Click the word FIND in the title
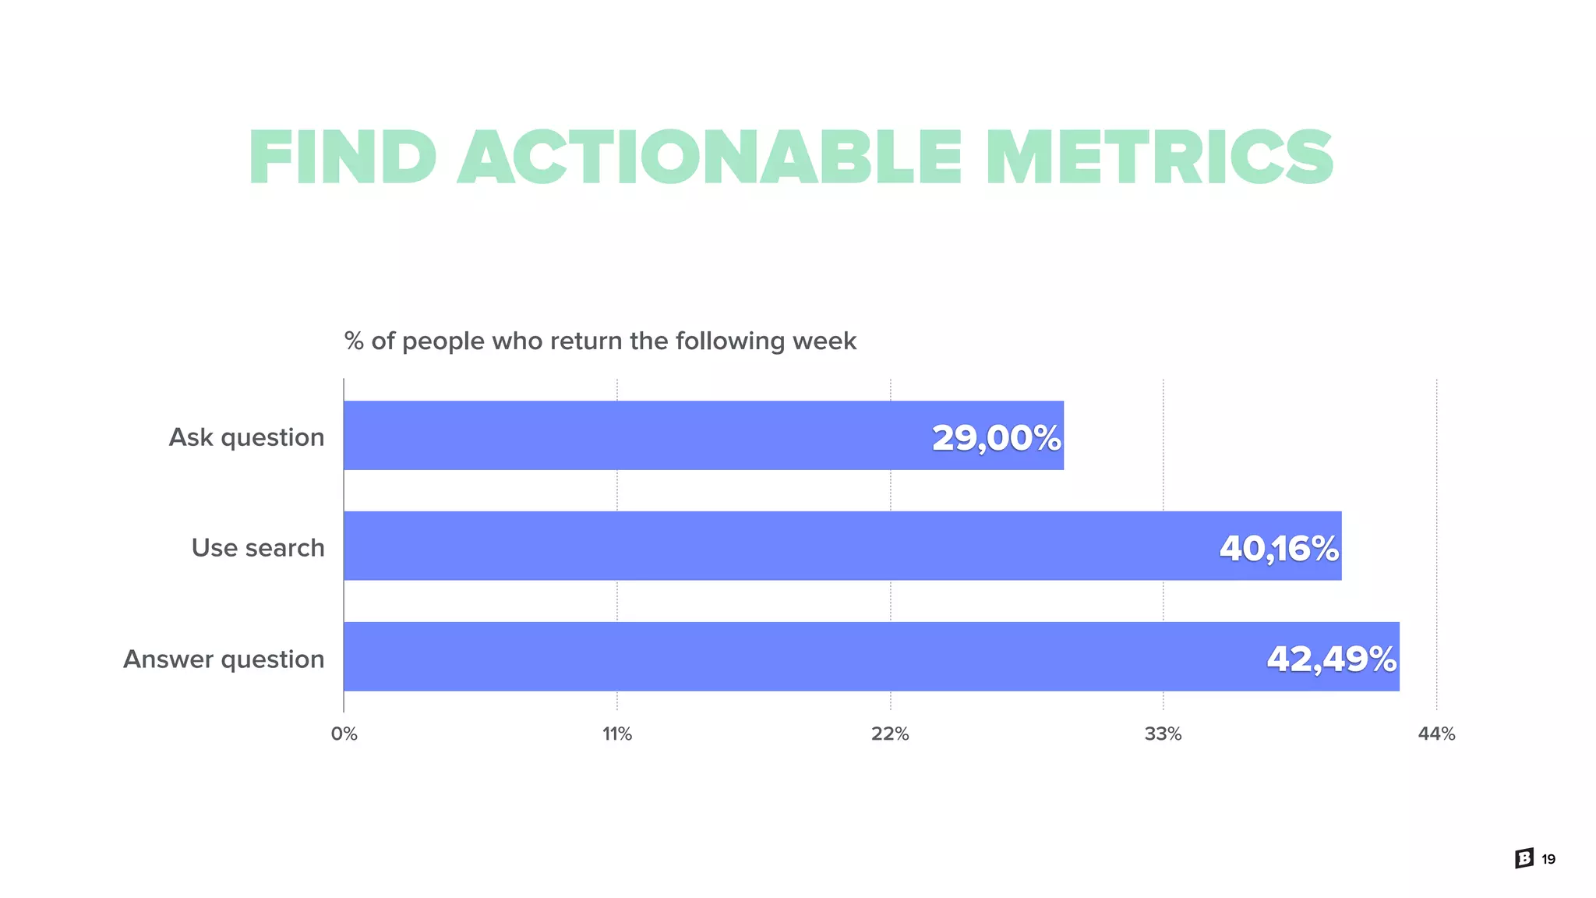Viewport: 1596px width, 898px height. (x=342, y=158)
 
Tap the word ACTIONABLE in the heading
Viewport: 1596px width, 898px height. (x=709, y=158)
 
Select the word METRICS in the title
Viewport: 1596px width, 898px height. (x=1159, y=158)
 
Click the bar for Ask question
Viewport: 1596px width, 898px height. (x=623, y=436)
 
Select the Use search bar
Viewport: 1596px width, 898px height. (x=779, y=546)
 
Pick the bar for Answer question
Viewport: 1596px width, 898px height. (x=779, y=656)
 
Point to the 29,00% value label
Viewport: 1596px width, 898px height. (x=996, y=437)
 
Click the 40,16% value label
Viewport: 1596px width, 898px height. (x=1279, y=548)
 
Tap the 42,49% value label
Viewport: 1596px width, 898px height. (x=1331, y=659)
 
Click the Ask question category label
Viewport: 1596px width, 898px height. (x=246, y=437)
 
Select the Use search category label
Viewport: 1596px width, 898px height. (x=258, y=548)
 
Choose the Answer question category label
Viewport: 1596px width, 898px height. (x=224, y=659)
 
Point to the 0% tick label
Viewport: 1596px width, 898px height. (x=344, y=734)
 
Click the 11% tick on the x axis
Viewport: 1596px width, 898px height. (x=617, y=734)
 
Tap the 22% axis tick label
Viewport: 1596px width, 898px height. (x=890, y=734)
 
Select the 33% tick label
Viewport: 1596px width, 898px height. (x=1163, y=734)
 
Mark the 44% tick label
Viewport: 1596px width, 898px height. (x=1436, y=734)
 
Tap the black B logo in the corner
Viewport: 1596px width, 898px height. (x=1524, y=858)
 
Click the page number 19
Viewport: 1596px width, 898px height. (x=1548, y=859)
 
